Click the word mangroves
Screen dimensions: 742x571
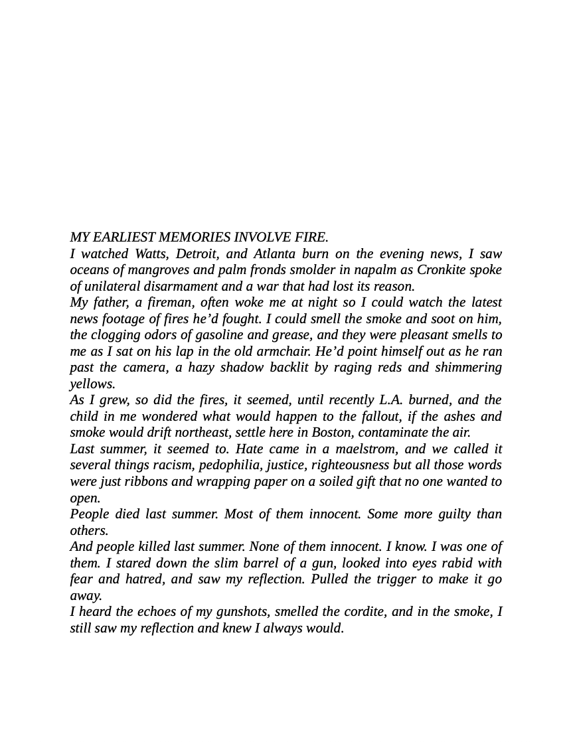click(155, 270)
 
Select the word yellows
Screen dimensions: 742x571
click(92, 384)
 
